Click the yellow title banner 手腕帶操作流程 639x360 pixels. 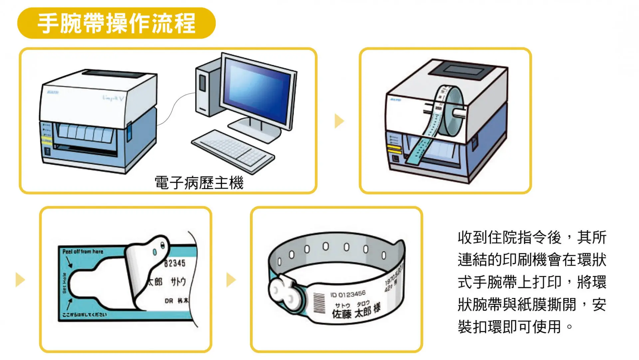pos(116,23)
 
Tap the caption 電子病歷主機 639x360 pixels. pos(199,183)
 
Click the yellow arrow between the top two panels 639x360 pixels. pos(338,121)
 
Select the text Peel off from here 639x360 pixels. pos(83,251)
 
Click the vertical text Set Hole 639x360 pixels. pos(65,283)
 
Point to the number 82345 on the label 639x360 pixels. pos(175,263)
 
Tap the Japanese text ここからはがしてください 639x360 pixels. pos(85,315)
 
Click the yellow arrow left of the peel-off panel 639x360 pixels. pos(20,279)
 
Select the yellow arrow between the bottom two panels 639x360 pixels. pos(230,279)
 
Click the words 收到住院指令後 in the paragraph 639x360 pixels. pos(509,237)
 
